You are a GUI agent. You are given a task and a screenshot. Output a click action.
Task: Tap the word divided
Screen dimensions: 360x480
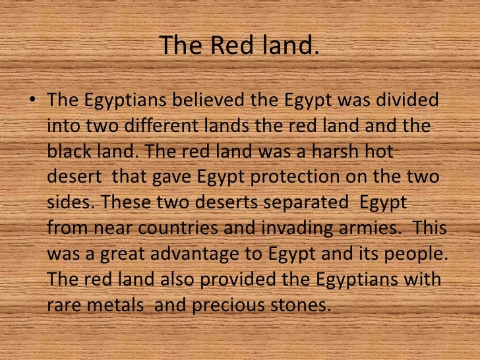[x=408, y=102]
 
